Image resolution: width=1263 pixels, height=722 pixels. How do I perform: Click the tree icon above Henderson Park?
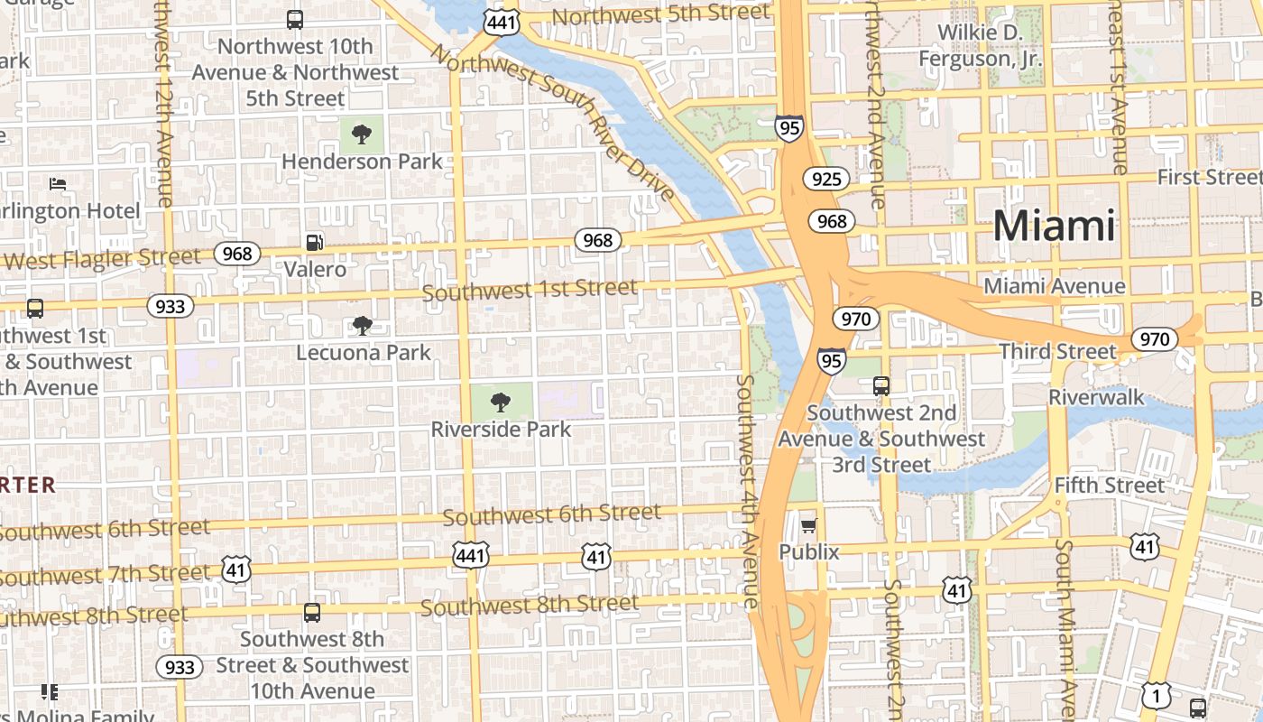click(362, 134)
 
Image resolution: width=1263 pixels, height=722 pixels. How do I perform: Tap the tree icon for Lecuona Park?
click(363, 325)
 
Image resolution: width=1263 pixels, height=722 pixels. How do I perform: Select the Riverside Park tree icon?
click(501, 402)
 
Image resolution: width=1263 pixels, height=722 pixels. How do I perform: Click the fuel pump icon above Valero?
click(315, 242)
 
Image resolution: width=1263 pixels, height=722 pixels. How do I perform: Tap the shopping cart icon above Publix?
click(808, 525)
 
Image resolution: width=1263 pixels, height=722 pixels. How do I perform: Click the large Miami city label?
click(1054, 226)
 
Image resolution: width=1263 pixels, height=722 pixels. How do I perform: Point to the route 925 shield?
click(826, 179)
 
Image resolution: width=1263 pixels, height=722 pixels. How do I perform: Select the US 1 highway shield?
click(1156, 696)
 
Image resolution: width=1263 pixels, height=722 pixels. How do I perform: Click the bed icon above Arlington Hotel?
click(58, 184)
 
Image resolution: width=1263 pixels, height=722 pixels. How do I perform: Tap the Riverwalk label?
click(1096, 397)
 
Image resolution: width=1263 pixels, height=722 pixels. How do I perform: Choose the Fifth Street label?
click(1110, 485)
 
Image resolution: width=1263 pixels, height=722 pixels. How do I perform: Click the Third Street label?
click(1057, 351)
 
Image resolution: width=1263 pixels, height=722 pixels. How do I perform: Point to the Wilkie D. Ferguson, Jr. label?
click(980, 46)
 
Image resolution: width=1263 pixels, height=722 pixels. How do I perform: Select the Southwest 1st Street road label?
click(530, 290)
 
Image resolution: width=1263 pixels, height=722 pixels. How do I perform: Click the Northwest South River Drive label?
click(552, 121)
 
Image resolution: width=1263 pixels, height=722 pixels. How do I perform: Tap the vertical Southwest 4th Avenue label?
click(746, 492)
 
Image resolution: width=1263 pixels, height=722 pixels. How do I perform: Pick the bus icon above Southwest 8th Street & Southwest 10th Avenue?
click(312, 612)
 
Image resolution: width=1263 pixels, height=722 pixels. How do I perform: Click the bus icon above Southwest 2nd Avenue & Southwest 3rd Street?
click(881, 386)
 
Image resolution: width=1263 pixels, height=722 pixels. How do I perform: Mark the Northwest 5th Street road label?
click(661, 14)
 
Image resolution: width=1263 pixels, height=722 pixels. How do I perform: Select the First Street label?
click(1209, 177)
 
